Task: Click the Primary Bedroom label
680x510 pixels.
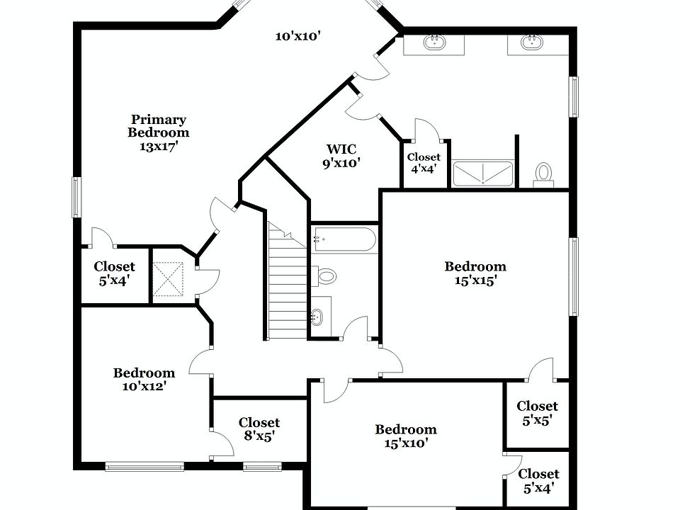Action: pos(158,132)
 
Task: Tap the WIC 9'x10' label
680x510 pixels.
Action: pos(341,156)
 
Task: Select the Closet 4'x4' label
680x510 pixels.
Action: pos(424,162)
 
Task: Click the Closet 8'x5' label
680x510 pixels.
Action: pos(259,429)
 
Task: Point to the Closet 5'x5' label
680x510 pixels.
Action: pos(536,412)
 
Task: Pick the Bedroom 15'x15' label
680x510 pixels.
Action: pos(475,273)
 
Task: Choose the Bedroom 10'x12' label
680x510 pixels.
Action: pos(144,379)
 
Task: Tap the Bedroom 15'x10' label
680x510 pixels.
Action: pos(405,436)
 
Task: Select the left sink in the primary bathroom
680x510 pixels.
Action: pos(435,42)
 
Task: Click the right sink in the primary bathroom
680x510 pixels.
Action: pos(532,42)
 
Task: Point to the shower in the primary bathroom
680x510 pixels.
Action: pos(483,174)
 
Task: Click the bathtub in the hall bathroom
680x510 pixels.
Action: pos(344,239)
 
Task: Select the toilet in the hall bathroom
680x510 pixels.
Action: pos(324,276)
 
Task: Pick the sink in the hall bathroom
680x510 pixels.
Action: pos(319,318)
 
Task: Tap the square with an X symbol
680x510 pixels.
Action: pos(169,278)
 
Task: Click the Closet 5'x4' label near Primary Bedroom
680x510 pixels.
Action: pos(114,273)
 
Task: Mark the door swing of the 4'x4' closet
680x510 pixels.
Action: pos(426,129)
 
